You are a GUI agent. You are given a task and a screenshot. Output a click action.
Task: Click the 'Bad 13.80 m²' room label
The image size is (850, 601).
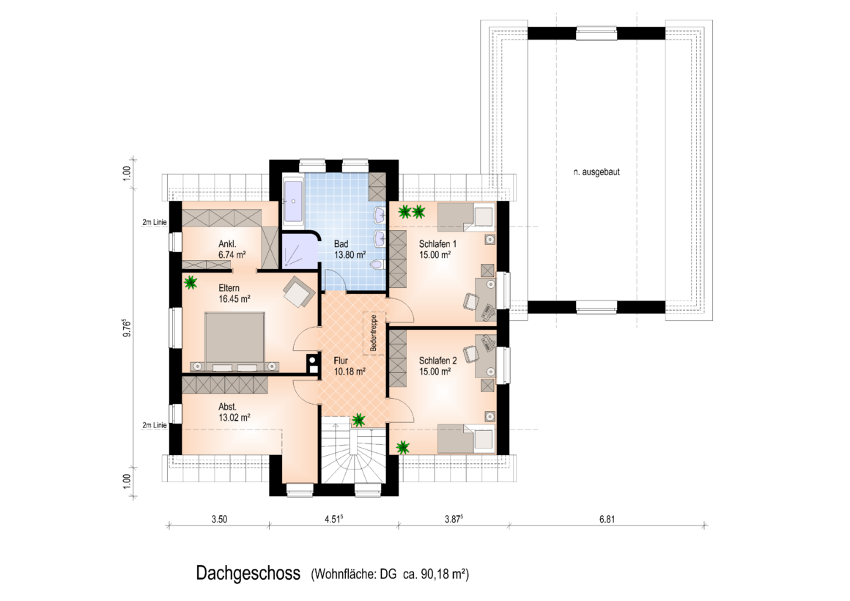350,249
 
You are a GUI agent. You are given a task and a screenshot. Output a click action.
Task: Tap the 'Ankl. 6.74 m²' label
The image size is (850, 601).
232,249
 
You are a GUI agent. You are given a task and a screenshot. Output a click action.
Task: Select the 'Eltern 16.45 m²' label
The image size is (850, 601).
234,293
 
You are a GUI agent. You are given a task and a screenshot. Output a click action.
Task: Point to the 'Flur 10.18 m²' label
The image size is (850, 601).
350,366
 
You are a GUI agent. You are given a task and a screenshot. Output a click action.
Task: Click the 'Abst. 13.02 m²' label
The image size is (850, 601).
234,412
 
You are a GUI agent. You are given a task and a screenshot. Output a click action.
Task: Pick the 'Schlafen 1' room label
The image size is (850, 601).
438,244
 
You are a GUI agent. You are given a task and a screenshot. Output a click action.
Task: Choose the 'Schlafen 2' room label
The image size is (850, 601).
438,361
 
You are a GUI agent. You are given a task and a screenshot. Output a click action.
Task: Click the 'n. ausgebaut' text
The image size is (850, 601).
596,172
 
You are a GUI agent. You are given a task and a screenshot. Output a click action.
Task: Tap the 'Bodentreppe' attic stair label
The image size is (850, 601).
374,333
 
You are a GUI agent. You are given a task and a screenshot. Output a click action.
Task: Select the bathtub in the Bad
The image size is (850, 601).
293,200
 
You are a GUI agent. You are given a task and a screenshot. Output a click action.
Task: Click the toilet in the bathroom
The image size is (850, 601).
378,265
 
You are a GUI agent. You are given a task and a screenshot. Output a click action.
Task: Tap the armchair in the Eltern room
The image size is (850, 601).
299,292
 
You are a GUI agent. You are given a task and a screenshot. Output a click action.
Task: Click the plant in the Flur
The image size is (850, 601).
358,419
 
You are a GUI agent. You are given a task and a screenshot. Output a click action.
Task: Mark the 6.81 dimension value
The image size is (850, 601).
607,519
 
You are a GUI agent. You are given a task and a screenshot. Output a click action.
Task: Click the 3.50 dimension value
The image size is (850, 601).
219,519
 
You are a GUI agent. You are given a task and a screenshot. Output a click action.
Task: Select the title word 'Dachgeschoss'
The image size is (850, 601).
248,573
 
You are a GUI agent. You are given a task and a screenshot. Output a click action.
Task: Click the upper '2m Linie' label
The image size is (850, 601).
155,222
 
